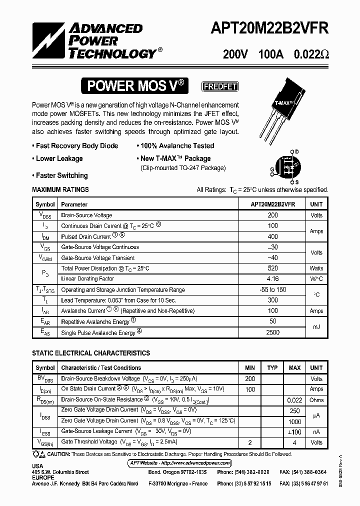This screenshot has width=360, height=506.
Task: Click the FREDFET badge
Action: (x=219, y=86)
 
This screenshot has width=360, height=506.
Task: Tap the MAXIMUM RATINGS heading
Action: (x=60, y=189)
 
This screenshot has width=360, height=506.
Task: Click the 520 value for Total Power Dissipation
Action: (x=272, y=268)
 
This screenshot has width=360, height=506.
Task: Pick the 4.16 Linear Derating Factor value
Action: (x=272, y=279)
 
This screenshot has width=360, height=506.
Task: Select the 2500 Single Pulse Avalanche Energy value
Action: (x=272, y=332)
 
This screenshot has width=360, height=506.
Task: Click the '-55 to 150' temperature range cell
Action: (x=272, y=290)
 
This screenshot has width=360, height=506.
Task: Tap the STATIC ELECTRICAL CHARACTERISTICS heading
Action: (x=91, y=353)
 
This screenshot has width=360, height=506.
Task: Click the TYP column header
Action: (x=272, y=368)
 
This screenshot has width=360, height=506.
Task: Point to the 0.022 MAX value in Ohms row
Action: (x=294, y=400)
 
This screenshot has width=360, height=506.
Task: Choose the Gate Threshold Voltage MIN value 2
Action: (x=250, y=442)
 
